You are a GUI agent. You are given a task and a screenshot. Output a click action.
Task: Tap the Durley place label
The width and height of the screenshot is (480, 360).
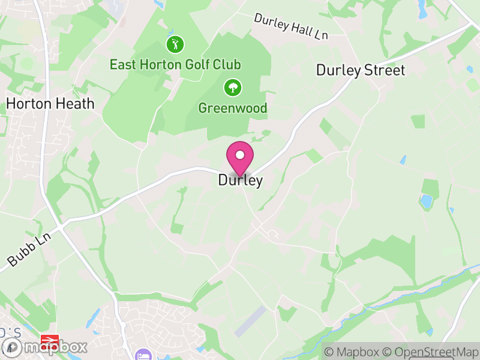[240, 181]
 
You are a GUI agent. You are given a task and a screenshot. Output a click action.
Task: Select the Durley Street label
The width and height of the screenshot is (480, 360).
[361, 70]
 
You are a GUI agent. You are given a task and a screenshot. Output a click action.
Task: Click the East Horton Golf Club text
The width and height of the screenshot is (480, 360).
[175, 64]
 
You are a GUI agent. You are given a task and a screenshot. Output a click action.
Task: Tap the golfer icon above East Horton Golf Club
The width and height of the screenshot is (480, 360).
[175, 44]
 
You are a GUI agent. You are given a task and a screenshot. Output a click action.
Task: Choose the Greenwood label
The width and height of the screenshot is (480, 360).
[233, 109]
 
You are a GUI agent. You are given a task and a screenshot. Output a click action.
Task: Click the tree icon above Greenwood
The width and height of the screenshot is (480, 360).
[232, 88]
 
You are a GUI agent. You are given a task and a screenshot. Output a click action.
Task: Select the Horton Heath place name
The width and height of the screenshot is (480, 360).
[50, 103]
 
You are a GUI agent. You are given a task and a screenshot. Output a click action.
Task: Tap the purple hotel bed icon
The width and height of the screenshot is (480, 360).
[143, 355]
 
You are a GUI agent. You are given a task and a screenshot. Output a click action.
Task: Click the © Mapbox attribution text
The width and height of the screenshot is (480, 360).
[352, 352]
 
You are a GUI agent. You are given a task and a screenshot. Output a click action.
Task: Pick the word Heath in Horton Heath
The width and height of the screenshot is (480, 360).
[75, 103]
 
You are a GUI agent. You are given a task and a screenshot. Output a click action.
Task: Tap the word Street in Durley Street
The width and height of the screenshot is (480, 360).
[385, 70]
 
